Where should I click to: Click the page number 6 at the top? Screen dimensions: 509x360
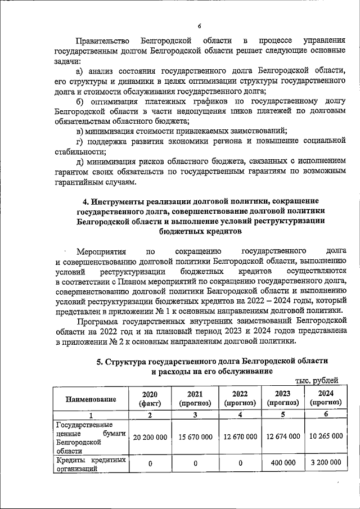point(199,25)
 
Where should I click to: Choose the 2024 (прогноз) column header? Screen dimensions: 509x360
point(325,399)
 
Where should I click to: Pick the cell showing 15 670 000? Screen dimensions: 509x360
point(195,436)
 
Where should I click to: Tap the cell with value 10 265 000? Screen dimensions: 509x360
point(325,436)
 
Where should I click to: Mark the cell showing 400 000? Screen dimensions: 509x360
point(283,462)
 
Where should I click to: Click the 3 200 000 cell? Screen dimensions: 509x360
point(325,462)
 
